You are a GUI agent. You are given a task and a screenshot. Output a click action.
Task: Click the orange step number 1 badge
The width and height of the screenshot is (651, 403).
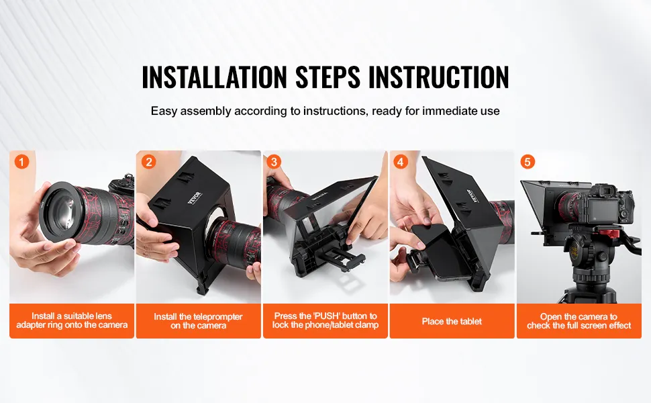tap(22, 162)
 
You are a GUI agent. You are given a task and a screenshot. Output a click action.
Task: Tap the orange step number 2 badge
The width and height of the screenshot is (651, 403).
tap(148, 162)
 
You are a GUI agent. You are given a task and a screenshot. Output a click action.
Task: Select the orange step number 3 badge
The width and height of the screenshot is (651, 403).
tap(274, 162)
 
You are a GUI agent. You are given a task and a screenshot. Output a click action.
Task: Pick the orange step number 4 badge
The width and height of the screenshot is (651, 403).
tap(400, 162)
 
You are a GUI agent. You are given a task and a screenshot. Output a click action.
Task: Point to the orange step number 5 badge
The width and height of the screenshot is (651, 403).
tap(528, 162)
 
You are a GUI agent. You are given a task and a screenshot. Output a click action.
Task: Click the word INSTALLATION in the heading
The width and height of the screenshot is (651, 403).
tap(214, 77)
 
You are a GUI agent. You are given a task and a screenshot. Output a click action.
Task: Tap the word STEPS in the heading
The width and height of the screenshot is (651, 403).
tap(328, 77)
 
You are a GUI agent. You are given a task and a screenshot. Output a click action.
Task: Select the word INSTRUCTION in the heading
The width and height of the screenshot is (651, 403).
tap(438, 77)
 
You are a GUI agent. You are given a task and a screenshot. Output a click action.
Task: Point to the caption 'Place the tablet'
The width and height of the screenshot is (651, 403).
tap(452, 321)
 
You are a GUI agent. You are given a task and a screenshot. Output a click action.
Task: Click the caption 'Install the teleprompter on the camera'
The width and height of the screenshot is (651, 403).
tap(199, 321)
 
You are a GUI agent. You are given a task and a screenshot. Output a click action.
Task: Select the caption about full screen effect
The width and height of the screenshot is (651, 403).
tap(579, 321)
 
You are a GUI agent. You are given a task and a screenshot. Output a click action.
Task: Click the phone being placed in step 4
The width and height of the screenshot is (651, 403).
tap(437, 252)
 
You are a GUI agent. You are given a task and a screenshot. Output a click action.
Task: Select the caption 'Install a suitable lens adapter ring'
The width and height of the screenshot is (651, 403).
tap(72, 320)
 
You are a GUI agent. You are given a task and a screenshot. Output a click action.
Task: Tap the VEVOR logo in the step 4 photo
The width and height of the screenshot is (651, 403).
tap(472, 196)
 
